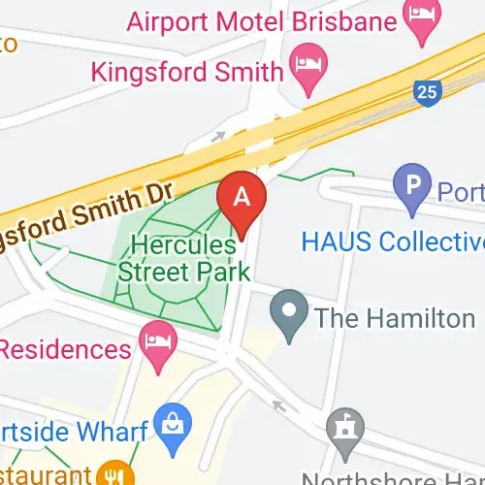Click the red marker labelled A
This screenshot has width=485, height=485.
click(243, 199)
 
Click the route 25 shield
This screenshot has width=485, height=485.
click(425, 92)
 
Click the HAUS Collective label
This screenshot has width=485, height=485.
click(392, 240)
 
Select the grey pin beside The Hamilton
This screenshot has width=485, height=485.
click(287, 315)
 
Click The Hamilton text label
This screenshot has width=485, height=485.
click(394, 317)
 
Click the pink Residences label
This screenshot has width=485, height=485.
click(65, 348)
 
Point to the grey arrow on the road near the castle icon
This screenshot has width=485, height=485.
click(280, 404)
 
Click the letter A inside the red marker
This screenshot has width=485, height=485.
click(243, 194)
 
